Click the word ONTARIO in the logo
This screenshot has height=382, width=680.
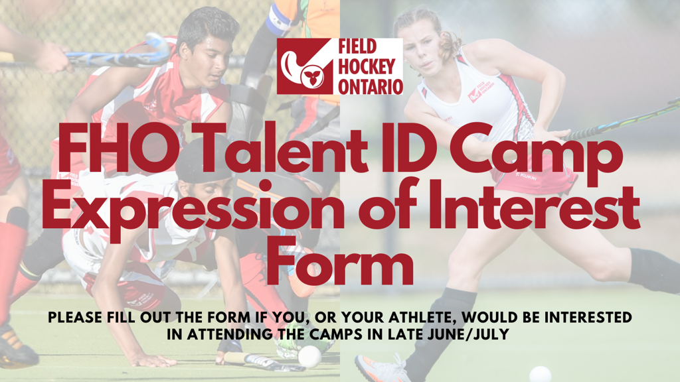tap(370, 86)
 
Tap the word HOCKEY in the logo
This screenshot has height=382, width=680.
tap(367, 67)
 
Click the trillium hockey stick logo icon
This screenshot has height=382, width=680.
tap(304, 66)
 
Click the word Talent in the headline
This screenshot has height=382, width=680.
tap(286, 149)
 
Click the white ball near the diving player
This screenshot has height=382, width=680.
tap(309, 357)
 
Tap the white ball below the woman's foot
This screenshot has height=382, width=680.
tap(541, 374)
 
